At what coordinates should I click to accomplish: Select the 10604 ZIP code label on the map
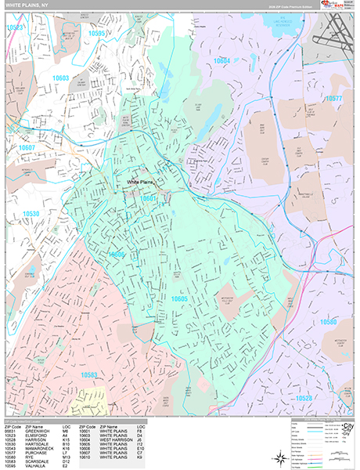(221, 60)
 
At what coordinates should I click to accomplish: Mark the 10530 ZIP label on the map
(31, 213)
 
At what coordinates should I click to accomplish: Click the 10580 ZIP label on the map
(328, 322)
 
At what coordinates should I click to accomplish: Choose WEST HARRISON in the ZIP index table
(116, 441)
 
